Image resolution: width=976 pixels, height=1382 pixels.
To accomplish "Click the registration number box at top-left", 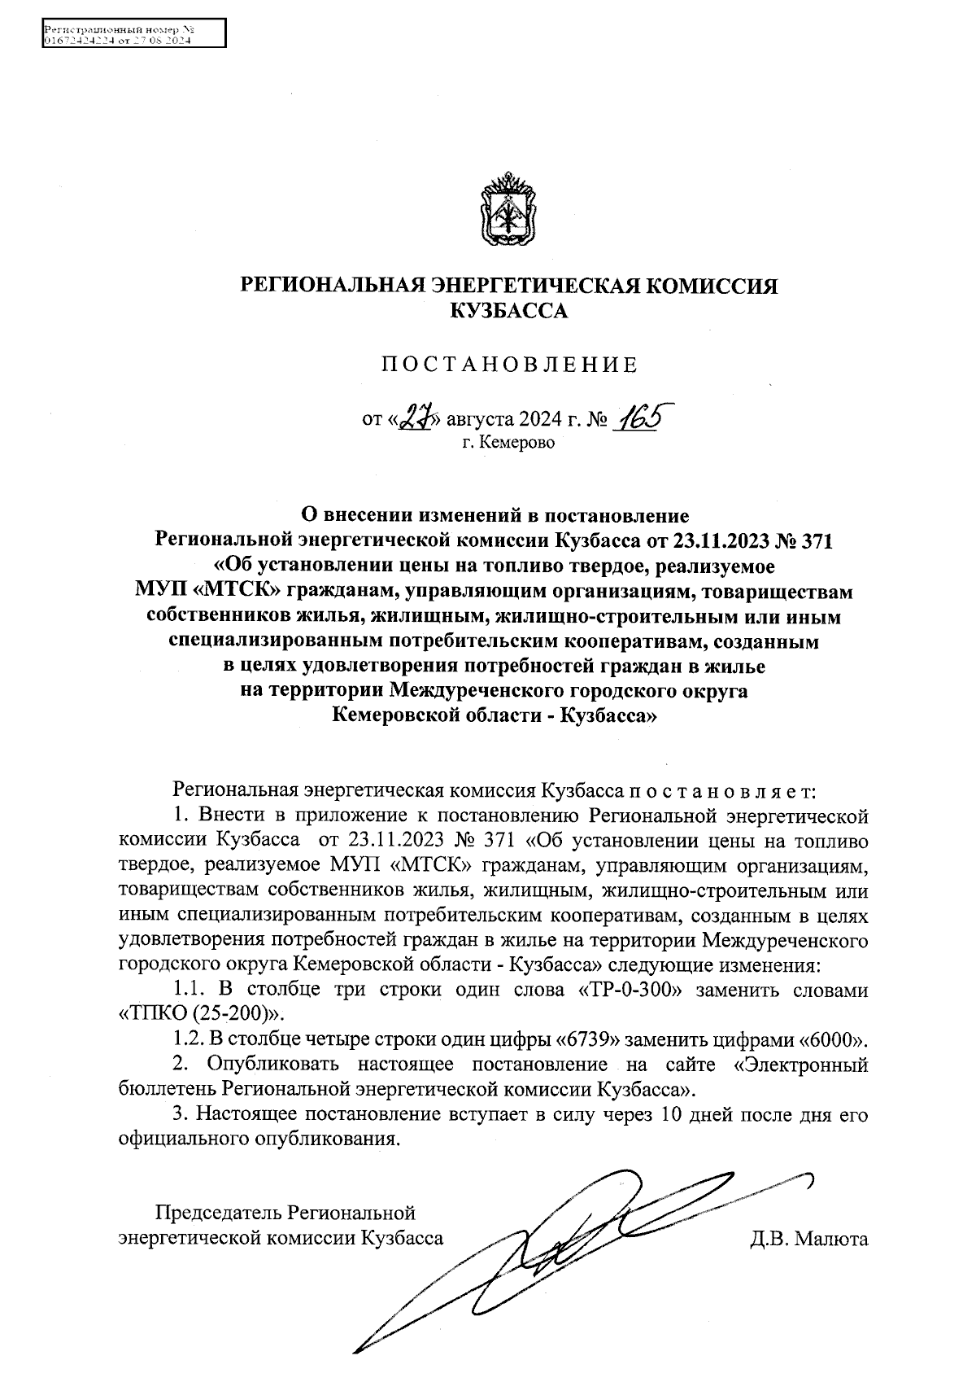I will click(133, 34).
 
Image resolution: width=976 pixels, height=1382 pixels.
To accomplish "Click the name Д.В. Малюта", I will click(809, 1240).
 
